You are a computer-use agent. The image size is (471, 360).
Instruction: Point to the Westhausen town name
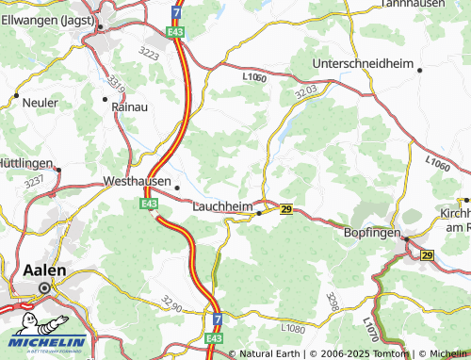pos(137,181)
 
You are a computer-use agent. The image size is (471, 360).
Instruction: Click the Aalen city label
pos(43,270)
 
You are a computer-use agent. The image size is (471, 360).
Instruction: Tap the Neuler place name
pos(40,101)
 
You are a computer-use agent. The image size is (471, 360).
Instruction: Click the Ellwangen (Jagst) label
pos(42,19)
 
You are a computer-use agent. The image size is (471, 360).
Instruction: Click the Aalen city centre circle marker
pos(43,288)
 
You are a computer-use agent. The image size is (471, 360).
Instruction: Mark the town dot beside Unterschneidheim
pos(419,69)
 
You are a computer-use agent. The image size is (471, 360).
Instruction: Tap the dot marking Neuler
pos(16,96)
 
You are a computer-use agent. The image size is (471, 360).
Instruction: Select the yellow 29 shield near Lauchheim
pos(286,209)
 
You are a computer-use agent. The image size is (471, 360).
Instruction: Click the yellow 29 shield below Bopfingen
pos(427,255)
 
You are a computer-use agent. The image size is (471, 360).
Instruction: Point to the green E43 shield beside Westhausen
pos(149,203)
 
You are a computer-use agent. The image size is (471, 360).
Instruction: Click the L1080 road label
pos(293,328)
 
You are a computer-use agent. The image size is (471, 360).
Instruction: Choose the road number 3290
pos(171,303)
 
